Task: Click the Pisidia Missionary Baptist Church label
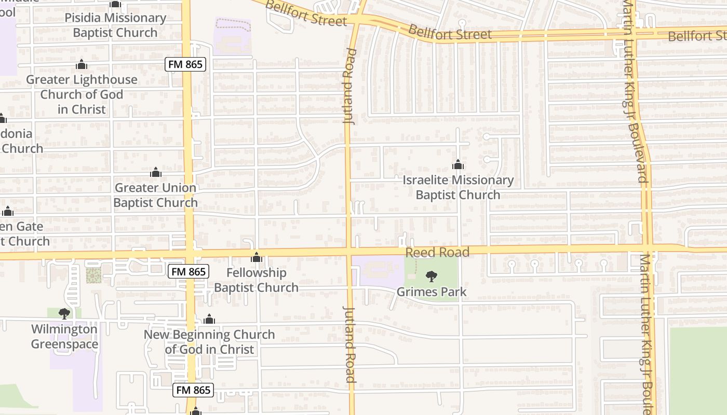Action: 115,25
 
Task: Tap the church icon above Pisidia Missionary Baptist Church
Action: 115,5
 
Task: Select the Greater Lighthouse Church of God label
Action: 82,94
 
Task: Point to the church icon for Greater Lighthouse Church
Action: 81,65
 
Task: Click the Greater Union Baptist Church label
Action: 155,195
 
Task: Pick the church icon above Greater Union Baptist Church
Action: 155,173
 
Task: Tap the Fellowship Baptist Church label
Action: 257,280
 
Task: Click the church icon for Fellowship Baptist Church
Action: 256,257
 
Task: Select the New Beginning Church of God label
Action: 209,342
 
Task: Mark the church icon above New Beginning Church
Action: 209,319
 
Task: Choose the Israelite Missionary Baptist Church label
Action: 458,187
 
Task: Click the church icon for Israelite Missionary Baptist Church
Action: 457,165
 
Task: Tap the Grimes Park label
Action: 432,292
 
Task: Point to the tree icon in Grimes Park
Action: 432,276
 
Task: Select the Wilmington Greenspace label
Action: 64,336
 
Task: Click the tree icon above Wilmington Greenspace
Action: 64,313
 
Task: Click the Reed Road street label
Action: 437,253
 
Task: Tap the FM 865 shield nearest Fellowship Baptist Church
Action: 189,271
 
